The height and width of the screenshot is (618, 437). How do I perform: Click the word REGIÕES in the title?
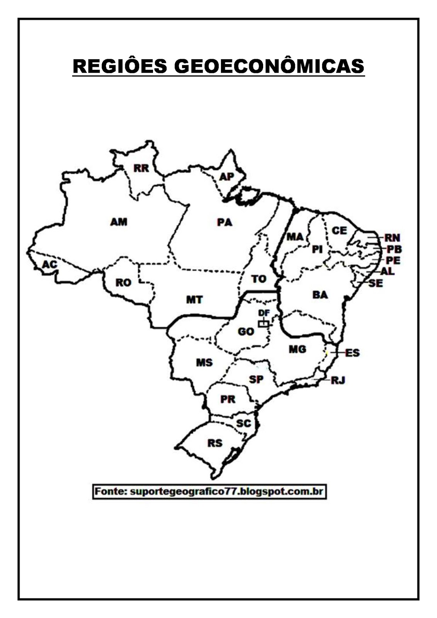click(120, 66)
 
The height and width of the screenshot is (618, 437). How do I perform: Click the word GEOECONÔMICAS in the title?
click(269, 66)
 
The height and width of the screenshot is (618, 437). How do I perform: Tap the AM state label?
click(119, 222)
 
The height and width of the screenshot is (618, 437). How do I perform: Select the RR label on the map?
click(141, 168)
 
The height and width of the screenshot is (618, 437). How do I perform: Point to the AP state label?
click(227, 177)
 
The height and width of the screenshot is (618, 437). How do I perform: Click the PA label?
click(224, 222)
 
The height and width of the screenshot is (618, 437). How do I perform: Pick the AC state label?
click(49, 265)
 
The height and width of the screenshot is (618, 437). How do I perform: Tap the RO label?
click(123, 283)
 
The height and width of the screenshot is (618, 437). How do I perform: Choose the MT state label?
click(194, 299)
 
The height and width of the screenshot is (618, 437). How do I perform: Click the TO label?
click(258, 278)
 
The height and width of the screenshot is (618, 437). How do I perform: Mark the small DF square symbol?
click(264, 324)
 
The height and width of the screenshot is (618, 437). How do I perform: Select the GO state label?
click(246, 331)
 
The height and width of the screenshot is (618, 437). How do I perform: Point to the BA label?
click(320, 295)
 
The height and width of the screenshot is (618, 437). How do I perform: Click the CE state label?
click(339, 231)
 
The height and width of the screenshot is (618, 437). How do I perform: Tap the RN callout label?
click(392, 238)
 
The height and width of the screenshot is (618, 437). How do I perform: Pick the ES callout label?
click(352, 353)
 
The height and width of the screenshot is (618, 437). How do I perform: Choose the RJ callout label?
click(338, 380)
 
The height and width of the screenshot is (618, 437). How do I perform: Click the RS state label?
click(215, 443)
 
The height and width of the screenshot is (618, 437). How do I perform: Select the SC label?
click(243, 423)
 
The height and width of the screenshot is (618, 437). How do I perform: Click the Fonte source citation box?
click(209, 492)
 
